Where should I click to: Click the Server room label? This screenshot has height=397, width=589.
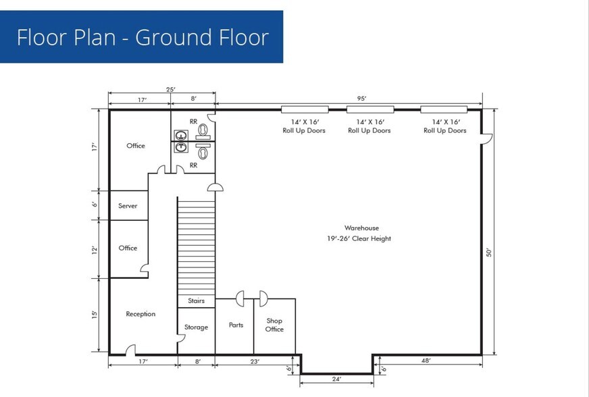[x=128, y=206]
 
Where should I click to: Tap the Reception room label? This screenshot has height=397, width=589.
[x=140, y=314]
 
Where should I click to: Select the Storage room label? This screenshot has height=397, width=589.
[x=196, y=327]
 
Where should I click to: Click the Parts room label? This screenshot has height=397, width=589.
[x=236, y=325]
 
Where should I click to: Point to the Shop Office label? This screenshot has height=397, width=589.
[x=274, y=325]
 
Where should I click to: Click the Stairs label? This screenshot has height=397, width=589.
[x=196, y=301]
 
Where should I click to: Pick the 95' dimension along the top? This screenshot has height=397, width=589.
[x=361, y=99]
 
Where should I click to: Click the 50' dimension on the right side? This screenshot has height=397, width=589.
[x=489, y=252]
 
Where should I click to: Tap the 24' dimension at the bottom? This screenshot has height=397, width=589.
[x=336, y=379]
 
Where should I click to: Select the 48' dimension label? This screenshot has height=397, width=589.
[x=426, y=361]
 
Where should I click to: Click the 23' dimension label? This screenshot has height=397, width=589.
[x=254, y=361]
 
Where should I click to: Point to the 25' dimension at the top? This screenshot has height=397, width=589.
[x=170, y=89]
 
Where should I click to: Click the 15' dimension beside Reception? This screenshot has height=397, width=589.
[x=95, y=315]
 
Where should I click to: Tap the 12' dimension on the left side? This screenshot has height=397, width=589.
[x=95, y=250]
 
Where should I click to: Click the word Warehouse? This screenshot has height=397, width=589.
[x=361, y=228]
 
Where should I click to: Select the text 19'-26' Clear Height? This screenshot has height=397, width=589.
[x=359, y=238]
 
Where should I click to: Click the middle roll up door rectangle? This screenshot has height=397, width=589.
[x=370, y=109]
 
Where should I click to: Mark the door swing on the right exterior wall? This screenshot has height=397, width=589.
[x=487, y=138]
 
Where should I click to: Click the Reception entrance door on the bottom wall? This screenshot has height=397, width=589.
[x=130, y=350]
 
